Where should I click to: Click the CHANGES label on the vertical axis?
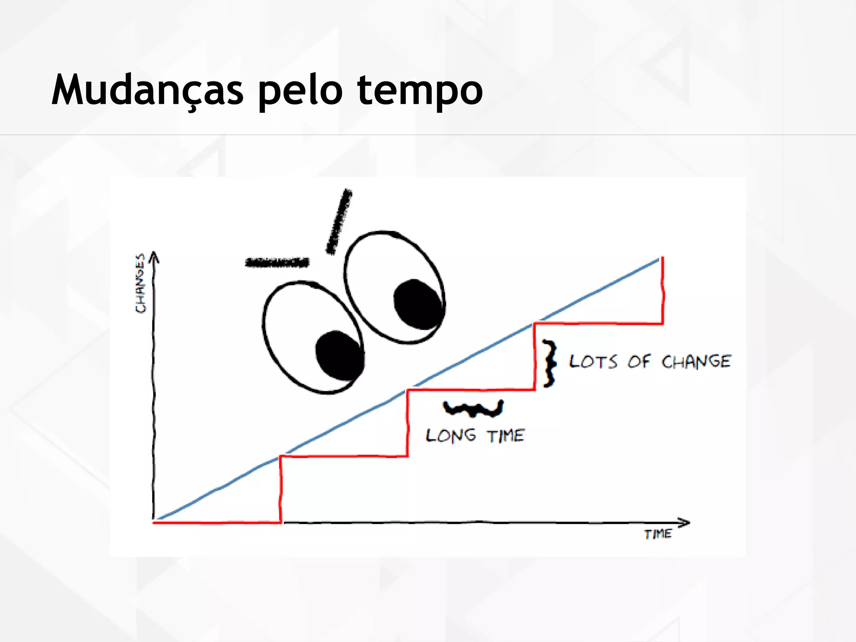[141, 283]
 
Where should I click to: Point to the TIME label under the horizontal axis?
[658, 534]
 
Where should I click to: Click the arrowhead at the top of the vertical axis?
[154, 256]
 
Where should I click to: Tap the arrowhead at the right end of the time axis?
[684, 522]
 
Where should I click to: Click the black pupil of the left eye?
[339, 356]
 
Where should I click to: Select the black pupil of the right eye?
[418, 304]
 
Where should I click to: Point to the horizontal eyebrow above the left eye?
[277, 262]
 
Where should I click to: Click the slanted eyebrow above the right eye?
[339, 222]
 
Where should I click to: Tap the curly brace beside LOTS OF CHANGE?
[550, 363]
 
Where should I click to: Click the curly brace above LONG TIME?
[473, 408]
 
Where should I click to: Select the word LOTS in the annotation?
[593, 362]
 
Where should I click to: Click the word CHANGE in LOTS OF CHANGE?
[696, 362]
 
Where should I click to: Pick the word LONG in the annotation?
[451, 436]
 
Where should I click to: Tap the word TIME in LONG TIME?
[506, 436]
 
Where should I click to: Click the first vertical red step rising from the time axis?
[280, 489]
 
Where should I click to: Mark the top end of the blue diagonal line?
[659, 260]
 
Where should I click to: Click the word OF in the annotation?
[639, 362]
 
